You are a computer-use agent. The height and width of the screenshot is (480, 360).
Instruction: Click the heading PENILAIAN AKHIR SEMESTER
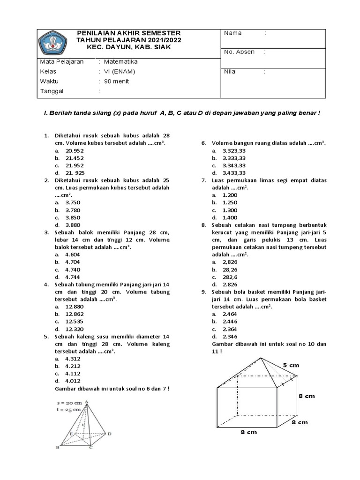(128, 33)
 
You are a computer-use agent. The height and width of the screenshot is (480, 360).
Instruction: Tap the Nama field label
(233, 33)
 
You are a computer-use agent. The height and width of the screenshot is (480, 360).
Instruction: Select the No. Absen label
(239, 52)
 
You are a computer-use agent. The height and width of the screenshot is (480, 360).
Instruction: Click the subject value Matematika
(120, 61)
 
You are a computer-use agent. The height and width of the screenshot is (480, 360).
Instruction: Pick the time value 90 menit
(116, 81)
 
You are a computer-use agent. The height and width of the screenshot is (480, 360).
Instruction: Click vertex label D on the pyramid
(109, 434)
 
